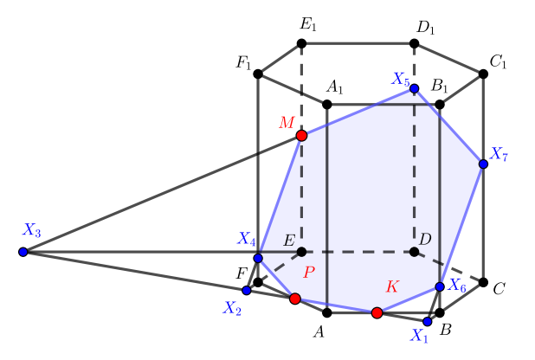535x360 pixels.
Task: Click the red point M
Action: click(301, 136)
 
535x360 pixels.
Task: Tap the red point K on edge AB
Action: click(377, 312)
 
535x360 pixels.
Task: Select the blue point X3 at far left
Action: click(23, 252)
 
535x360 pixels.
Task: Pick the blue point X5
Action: click(414, 88)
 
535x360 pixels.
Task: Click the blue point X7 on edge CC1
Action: click(483, 164)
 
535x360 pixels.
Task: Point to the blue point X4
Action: click(258, 258)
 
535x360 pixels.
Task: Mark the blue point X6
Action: click(440, 286)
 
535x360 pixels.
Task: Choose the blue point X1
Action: click(428, 321)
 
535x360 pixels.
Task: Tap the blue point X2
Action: click(247, 290)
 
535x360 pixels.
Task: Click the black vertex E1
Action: click(301, 43)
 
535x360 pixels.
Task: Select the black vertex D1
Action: click(414, 43)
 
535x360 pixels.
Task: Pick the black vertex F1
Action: click(258, 74)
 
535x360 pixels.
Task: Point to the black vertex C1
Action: click(483, 74)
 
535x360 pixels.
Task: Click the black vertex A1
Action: click(327, 105)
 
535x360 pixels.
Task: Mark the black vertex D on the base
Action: click(414, 252)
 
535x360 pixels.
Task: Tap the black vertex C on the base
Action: click(483, 283)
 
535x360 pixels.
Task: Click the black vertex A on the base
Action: click(327, 312)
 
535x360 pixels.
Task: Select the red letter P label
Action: click(309, 272)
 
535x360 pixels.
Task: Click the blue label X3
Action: click(32, 230)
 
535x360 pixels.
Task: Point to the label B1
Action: click(439, 87)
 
